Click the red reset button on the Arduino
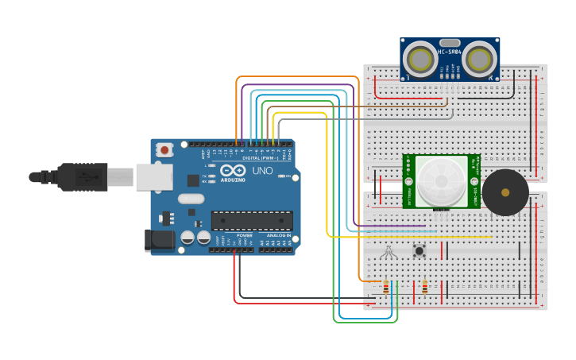point(164,149)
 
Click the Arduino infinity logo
point(233,170)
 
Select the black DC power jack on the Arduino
point(159,240)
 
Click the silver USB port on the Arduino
point(153,177)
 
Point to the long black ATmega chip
point(251,220)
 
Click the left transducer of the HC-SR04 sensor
point(419,59)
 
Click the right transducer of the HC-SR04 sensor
point(480,59)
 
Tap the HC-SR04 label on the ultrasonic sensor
point(450,52)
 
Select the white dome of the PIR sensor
point(441,180)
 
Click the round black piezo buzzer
point(504,192)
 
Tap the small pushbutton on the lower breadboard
point(419,251)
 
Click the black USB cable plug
point(82,177)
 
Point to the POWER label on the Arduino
point(244,235)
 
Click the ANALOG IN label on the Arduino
point(279,235)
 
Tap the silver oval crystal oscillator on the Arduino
point(191,199)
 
